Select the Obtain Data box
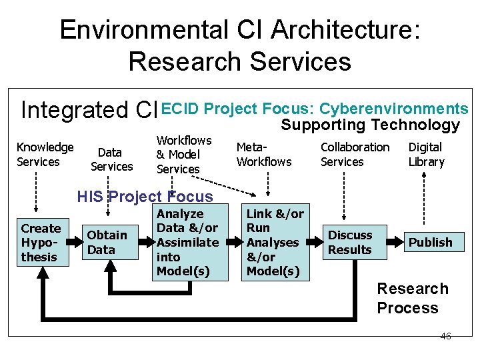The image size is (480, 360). coord(107,242)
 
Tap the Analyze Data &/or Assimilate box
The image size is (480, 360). coord(187,242)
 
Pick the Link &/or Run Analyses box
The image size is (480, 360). coord(275,242)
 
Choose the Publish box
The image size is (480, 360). coord(430,243)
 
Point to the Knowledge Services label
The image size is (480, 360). coord(45,154)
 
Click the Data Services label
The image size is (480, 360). coord(111,160)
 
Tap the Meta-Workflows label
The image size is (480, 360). coord(264,154)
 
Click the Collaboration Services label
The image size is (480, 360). coord(355,154)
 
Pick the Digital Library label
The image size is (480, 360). coord(426,154)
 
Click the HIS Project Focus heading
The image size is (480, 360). coord(145,197)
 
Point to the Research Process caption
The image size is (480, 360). coord(412,298)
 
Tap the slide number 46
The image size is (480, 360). coord(445,336)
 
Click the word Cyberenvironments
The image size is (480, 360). coord(394,109)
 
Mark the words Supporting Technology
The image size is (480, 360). coord(370,125)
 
